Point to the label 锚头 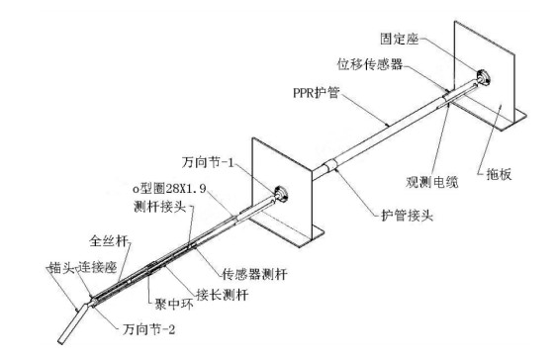[x=61, y=267]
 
